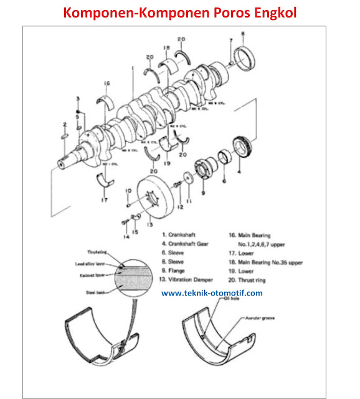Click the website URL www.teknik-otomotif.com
click(x=212, y=292)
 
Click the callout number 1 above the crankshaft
click(x=133, y=71)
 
